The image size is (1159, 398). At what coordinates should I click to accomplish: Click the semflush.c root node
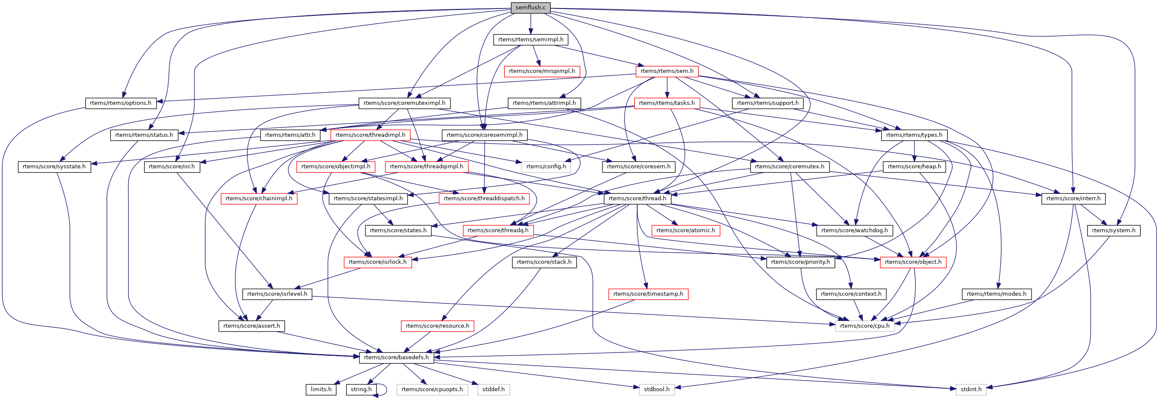pyautogui.click(x=530, y=8)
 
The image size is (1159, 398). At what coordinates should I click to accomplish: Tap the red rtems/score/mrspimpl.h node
pyautogui.click(x=542, y=71)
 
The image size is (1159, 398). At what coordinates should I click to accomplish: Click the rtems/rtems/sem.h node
pyautogui.click(x=667, y=71)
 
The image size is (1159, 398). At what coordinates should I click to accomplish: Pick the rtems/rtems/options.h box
pyautogui.click(x=121, y=103)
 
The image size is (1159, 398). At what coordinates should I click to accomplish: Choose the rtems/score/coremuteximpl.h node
pyautogui.click(x=404, y=103)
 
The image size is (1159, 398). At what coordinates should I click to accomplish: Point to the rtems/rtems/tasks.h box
pyautogui.click(x=666, y=103)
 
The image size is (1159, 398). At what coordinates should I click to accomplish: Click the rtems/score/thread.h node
pyautogui.click(x=637, y=198)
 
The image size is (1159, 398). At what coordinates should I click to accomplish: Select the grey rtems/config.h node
pyautogui.click(x=546, y=166)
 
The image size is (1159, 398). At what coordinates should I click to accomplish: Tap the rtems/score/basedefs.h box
pyautogui.click(x=396, y=357)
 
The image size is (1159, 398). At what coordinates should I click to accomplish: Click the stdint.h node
pyautogui.click(x=971, y=389)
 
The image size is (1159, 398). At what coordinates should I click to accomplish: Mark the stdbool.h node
pyautogui.click(x=656, y=389)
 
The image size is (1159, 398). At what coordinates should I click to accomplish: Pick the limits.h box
pyautogui.click(x=321, y=389)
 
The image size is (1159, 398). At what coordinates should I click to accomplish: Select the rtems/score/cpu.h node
pyautogui.click(x=864, y=326)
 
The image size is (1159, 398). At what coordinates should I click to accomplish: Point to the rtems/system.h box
pyautogui.click(x=1113, y=230)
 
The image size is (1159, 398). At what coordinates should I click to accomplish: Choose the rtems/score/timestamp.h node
pyautogui.click(x=648, y=294)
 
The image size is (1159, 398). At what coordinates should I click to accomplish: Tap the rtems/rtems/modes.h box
pyautogui.click(x=996, y=294)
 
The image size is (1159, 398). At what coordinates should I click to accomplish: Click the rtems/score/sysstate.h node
pyautogui.click(x=54, y=166)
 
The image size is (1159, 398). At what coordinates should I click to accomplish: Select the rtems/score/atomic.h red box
pyautogui.click(x=685, y=230)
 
